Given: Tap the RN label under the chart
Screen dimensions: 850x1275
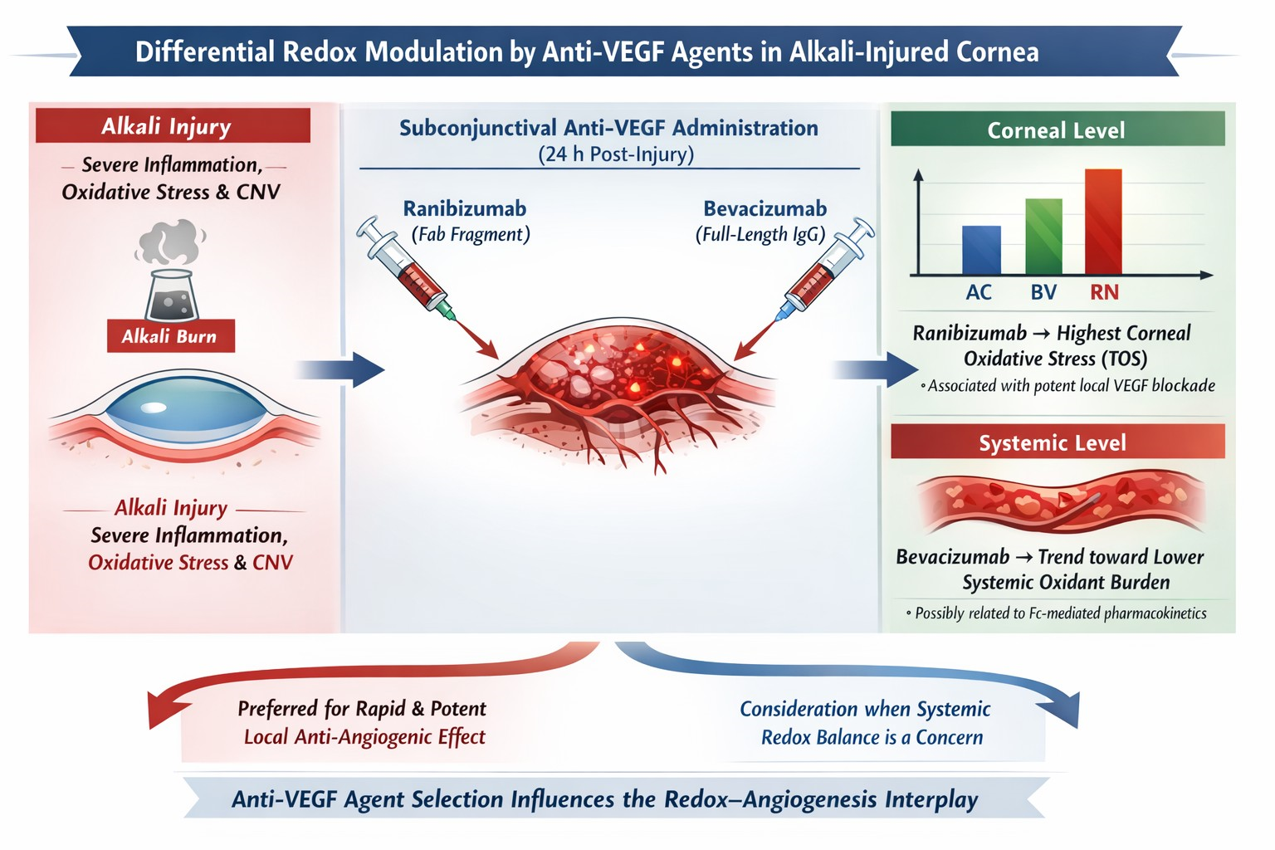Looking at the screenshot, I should click(x=1104, y=292).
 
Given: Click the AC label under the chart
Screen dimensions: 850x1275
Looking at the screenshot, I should click(x=979, y=292).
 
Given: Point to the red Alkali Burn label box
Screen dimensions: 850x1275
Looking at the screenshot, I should click(x=170, y=336).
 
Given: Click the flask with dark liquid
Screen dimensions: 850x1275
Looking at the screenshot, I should click(x=172, y=295).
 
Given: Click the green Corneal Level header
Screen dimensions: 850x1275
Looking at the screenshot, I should click(x=1057, y=129).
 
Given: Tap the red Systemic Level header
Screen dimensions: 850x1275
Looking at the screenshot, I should click(x=1057, y=442).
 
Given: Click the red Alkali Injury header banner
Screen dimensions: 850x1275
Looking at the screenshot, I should click(x=173, y=126).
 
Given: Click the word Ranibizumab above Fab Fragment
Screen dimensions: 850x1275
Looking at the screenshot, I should click(x=465, y=208).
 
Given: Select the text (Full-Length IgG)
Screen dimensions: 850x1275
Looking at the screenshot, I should click(x=760, y=234).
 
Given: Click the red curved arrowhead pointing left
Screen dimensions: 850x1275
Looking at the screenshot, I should click(x=161, y=710).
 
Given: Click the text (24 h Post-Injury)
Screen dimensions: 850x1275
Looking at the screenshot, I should click(x=615, y=154).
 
